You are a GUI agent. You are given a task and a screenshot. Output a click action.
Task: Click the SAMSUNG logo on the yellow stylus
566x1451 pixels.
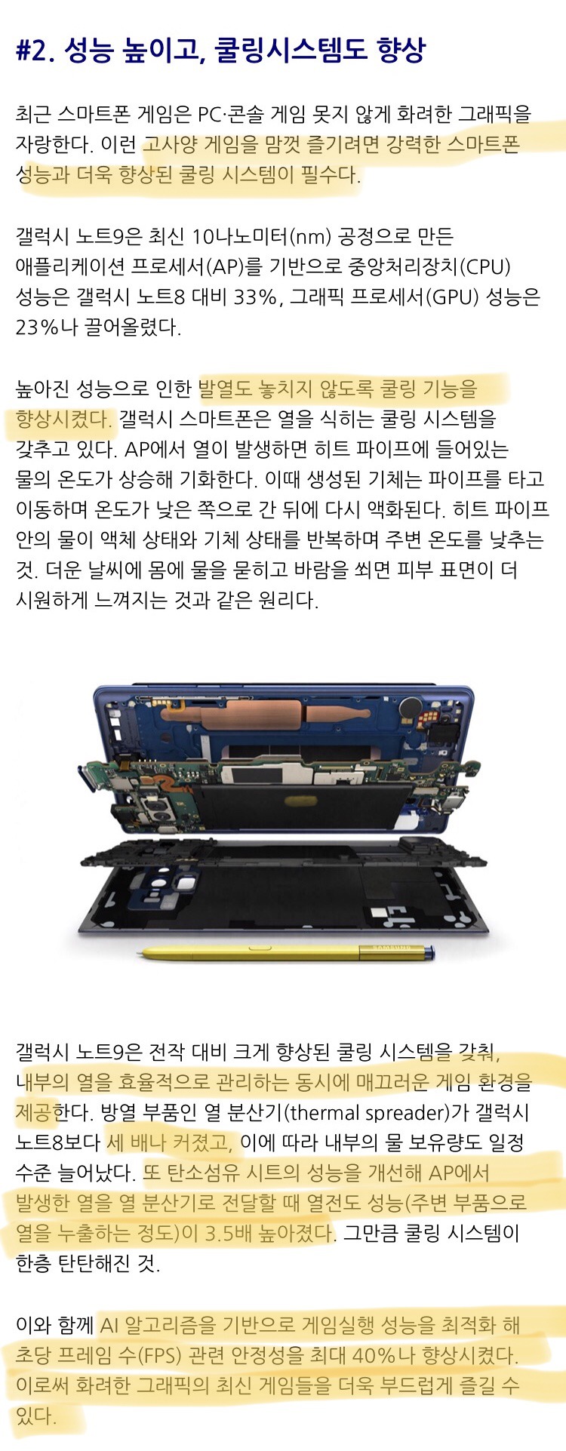389,948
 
